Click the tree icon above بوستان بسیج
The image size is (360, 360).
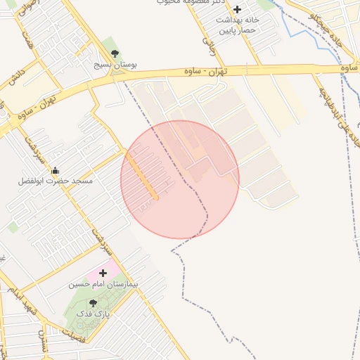tap(115, 53)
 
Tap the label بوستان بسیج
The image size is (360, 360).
tap(116, 64)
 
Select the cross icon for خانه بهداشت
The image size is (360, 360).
tap(238, 10)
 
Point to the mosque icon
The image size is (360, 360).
tap(56, 170)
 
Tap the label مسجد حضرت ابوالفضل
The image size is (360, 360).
tap(56, 181)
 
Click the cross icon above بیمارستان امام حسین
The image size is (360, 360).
tap(104, 273)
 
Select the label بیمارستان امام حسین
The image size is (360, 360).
tap(105, 285)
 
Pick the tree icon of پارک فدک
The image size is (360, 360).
tap(94, 303)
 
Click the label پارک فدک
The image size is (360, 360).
tap(94, 314)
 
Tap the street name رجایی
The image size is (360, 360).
tap(208, 45)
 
